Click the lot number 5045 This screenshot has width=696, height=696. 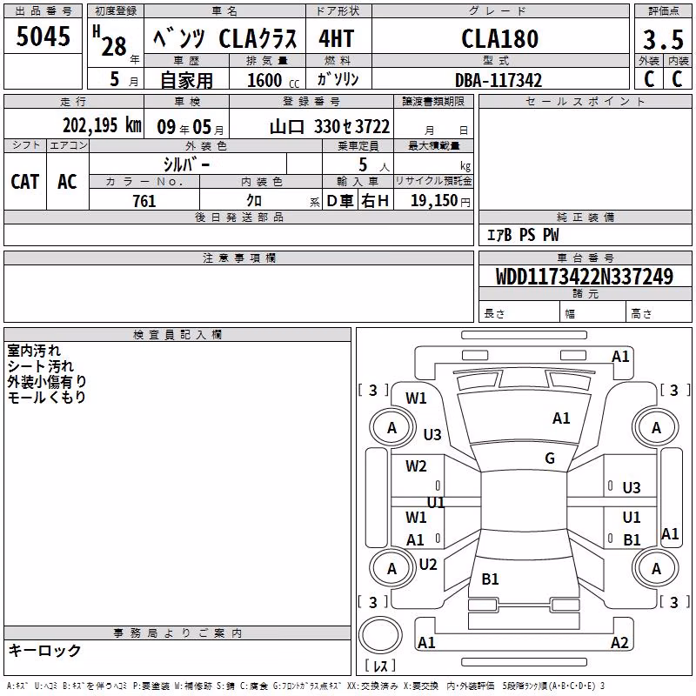(43, 36)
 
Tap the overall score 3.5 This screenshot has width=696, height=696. (663, 39)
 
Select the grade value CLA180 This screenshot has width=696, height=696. (499, 38)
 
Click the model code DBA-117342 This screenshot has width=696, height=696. (499, 80)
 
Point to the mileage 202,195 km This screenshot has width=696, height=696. (102, 125)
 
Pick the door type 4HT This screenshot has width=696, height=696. (337, 38)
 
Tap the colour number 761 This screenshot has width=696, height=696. (144, 201)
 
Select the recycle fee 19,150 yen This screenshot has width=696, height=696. (440, 201)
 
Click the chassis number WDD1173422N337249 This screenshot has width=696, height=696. (585, 277)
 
